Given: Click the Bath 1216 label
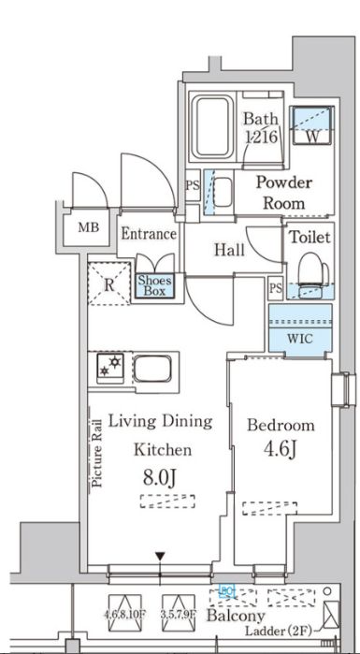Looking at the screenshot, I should (262, 127).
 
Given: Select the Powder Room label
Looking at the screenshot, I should (283, 192).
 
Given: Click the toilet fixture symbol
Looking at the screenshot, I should (308, 274).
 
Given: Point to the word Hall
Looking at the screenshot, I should (229, 250).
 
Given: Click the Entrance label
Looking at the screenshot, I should (148, 234).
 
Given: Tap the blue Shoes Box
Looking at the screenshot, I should (153, 284).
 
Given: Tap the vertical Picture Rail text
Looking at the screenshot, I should (96, 454).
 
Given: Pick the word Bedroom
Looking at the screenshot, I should (280, 425).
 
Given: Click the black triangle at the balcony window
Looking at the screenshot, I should (161, 559).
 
